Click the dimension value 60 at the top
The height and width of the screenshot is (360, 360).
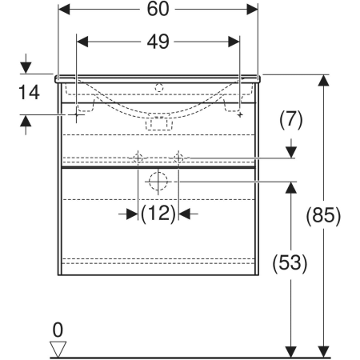click(158, 9)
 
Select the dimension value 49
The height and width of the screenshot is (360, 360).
click(158, 42)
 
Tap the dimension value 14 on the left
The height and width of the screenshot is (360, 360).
click(29, 92)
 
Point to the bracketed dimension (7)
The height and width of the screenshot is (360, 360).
click(291, 120)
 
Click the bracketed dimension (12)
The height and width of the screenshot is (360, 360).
click(158, 214)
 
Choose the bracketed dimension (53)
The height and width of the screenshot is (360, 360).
click(290, 262)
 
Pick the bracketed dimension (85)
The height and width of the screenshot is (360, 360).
click(323, 216)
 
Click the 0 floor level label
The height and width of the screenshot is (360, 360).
click(58, 330)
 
